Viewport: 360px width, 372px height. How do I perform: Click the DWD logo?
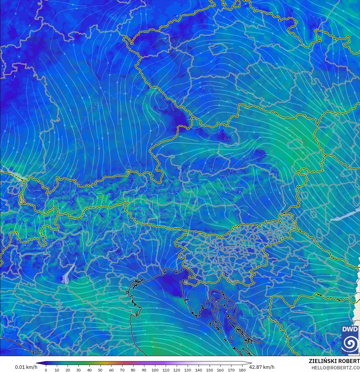(x=350, y=340)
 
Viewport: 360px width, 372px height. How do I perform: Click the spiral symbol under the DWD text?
(x=350, y=344)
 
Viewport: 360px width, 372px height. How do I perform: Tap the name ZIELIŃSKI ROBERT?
(x=334, y=361)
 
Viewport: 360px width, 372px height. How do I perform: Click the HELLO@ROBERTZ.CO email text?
(x=335, y=368)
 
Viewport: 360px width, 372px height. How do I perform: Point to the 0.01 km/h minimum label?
(x=26, y=367)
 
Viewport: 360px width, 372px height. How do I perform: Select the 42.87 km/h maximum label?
(x=262, y=367)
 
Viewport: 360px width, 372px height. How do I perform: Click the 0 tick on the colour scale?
(x=46, y=370)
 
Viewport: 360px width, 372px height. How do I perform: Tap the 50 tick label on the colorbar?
(x=100, y=370)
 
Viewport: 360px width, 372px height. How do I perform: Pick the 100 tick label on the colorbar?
(x=155, y=370)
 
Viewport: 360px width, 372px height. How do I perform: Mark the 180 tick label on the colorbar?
(x=242, y=370)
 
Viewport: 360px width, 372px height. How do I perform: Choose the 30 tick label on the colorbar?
(x=79, y=370)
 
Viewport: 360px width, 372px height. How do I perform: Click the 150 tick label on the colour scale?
(x=209, y=370)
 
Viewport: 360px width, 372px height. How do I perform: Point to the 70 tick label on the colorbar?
(x=122, y=370)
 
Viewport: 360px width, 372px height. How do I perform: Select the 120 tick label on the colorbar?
(x=177, y=370)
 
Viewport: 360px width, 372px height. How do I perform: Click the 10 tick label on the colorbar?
(x=57, y=370)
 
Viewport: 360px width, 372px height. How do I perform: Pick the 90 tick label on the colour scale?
(x=144, y=370)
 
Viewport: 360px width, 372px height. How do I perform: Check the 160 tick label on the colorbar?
(x=220, y=370)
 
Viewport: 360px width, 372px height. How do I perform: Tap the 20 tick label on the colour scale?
(x=68, y=370)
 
